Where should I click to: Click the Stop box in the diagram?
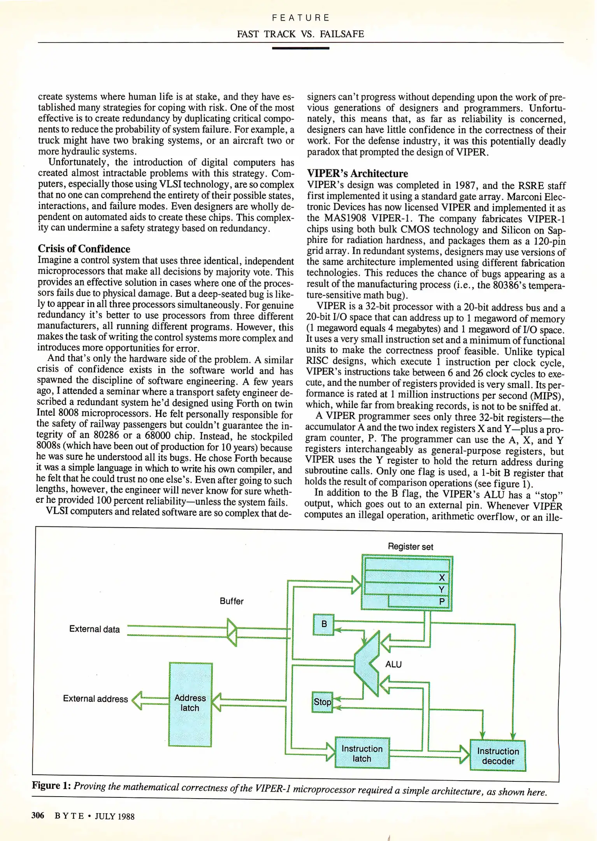pyautogui.click(x=322, y=702)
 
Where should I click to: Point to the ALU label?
pyautogui.click(x=393, y=664)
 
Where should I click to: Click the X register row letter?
pyautogui.click(x=442, y=577)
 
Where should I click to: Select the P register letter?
pyautogui.click(x=442, y=602)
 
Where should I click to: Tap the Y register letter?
pyautogui.click(x=442, y=589)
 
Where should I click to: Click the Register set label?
pyautogui.click(x=410, y=547)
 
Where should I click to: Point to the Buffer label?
pyautogui.click(x=232, y=601)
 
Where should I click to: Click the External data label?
pyautogui.click(x=94, y=629)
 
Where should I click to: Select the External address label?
pyautogui.click(x=95, y=699)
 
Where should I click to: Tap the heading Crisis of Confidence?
pyautogui.click(x=84, y=249)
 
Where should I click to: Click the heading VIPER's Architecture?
pyautogui.click(x=357, y=173)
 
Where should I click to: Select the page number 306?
pyautogui.click(x=38, y=815)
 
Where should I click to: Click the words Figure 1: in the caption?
pyautogui.click(x=51, y=785)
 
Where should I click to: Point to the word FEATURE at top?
pyautogui.click(x=300, y=18)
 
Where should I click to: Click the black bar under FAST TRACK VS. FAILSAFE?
pyautogui.click(x=300, y=48)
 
